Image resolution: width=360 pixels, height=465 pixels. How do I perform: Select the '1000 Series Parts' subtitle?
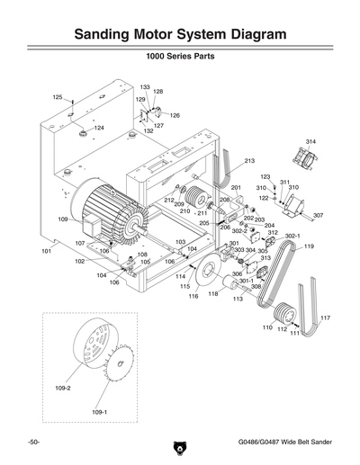[x=180, y=66]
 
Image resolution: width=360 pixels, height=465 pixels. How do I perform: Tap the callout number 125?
[x=57, y=97]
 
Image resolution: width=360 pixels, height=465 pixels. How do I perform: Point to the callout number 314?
[x=310, y=142]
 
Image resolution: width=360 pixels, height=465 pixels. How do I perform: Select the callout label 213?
[x=249, y=160]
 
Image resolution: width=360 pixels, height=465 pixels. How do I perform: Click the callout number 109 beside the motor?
[x=63, y=219]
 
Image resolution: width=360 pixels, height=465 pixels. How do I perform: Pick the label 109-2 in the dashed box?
[x=62, y=389]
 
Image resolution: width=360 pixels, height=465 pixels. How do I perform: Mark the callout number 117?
[x=325, y=318]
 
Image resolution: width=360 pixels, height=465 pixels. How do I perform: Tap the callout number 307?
[x=318, y=216]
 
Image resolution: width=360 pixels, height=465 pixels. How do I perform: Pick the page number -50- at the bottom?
[x=32, y=443]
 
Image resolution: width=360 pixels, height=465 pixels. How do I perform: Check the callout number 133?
[x=144, y=87]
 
